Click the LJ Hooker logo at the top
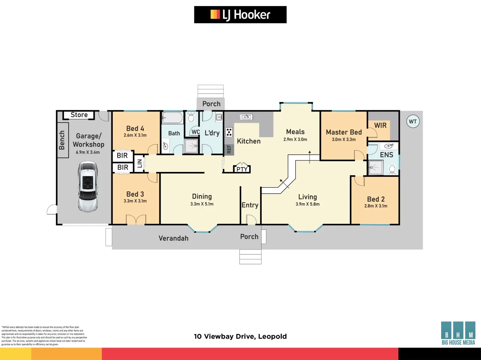coord(240,15)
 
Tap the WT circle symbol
coord(413,121)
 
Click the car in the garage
coord(88,186)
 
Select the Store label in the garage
coord(79,115)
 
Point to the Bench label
coord(62,140)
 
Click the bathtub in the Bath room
coord(172,118)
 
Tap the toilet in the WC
coord(191,118)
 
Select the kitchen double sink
coord(246,117)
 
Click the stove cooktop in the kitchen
coord(229,132)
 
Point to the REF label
coord(229,149)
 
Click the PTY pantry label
coord(242,169)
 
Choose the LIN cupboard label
coord(139,163)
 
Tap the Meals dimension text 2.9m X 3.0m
coord(295,139)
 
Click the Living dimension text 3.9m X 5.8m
coord(307,204)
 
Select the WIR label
coord(380,125)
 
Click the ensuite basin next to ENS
coord(389,146)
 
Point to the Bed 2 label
coord(376,199)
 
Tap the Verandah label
coord(173,238)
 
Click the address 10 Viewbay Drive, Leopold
coord(240,336)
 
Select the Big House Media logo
coord(458,333)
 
